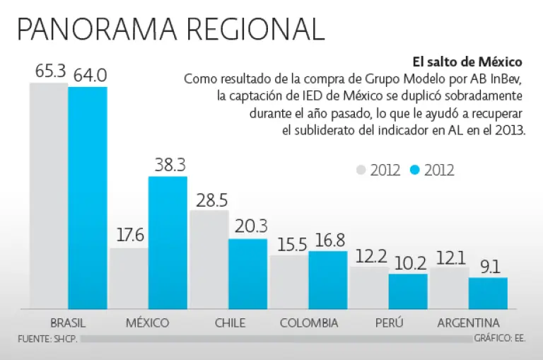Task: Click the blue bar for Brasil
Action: click(88, 198)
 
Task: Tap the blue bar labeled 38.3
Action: click(168, 243)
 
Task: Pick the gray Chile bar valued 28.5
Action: click(209, 260)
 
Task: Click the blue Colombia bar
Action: click(328, 280)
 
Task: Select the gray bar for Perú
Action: click(369, 288)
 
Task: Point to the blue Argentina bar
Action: click(488, 293)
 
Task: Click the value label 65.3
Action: click(49, 71)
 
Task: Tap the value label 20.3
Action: click(248, 226)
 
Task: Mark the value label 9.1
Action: click(489, 267)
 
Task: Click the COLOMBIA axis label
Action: click(309, 323)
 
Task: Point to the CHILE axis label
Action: click(230, 323)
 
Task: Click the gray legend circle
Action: click(361, 170)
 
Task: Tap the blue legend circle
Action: click(415, 170)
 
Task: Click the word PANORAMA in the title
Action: click(96, 29)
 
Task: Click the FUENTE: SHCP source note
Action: click(47, 339)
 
